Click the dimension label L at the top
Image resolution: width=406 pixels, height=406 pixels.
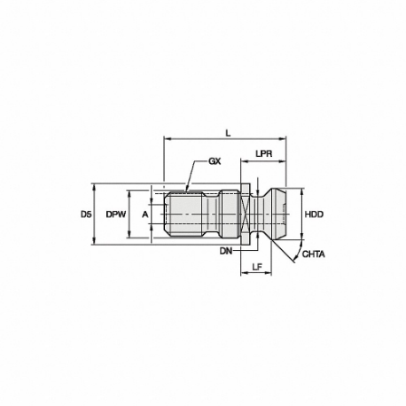[x=228, y=134]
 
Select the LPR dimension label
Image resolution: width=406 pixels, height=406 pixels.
[x=264, y=154]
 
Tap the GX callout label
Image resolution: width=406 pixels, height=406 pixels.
[x=215, y=161]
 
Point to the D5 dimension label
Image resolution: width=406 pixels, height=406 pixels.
[x=86, y=215]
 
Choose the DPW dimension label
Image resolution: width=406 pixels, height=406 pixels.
[x=116, y=215]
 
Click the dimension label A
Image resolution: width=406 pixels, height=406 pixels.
[x=144, y=215]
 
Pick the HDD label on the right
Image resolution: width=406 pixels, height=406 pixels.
[x=314, y=215]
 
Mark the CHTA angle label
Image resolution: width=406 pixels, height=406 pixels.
[x=313, y=254]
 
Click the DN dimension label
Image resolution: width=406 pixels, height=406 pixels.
[x=226, y=251]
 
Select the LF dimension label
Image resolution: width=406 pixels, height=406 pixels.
[x=257, y=267]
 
